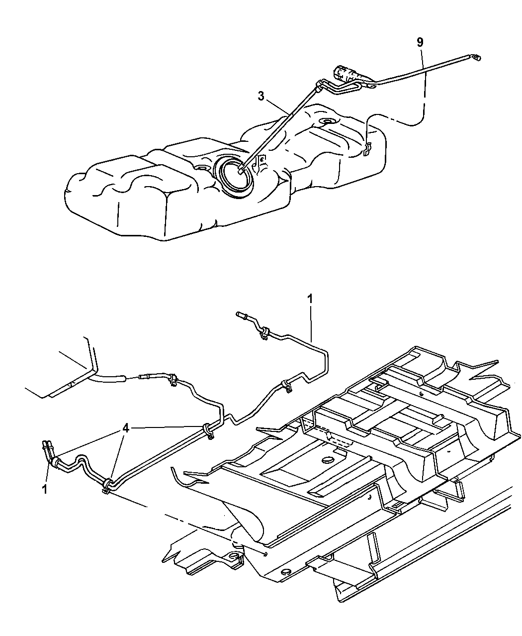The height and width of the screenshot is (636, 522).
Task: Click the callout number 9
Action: pos(420,42)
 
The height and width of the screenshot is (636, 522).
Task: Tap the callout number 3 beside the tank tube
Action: pos(261,96)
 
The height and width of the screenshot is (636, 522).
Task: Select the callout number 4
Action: pos(126,428)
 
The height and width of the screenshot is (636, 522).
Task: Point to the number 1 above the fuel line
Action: pos(310,299)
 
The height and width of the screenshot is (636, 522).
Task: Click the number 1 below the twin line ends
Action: pos(45,489)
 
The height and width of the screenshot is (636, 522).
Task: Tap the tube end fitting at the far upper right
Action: pos(476,58)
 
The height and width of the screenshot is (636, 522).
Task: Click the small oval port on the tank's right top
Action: pos(326,121)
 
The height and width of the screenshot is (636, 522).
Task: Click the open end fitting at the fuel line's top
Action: pos(242,316)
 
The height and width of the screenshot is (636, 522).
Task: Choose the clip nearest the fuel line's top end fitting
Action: pos(264,332)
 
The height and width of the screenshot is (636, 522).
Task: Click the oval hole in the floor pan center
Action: pos(326,460)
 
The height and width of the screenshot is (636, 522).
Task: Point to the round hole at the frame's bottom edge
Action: pos(285,571)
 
